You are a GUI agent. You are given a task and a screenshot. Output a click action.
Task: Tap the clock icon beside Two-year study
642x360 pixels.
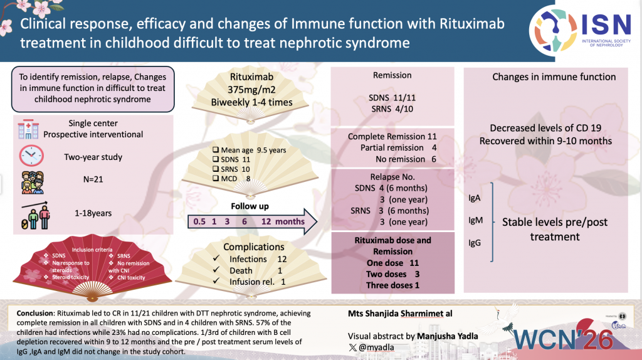point(31,155)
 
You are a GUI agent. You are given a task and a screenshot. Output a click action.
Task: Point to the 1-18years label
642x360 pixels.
point(92,213)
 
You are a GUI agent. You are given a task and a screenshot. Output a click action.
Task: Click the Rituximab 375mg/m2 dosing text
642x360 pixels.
point(251,91)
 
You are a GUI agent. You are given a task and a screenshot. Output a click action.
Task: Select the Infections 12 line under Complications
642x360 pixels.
point(256,259)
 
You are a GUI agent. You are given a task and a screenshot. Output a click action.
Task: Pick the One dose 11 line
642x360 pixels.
point(392,263)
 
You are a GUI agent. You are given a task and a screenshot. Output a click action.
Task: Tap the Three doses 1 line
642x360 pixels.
point(392,285)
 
